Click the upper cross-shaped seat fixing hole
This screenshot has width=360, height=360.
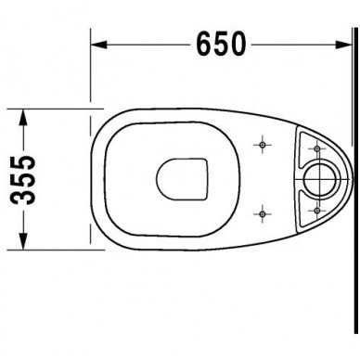(x=265, y=147)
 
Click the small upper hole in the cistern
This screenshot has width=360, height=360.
(x=315, y=148)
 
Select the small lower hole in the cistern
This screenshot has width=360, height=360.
(x=315, y=210)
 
